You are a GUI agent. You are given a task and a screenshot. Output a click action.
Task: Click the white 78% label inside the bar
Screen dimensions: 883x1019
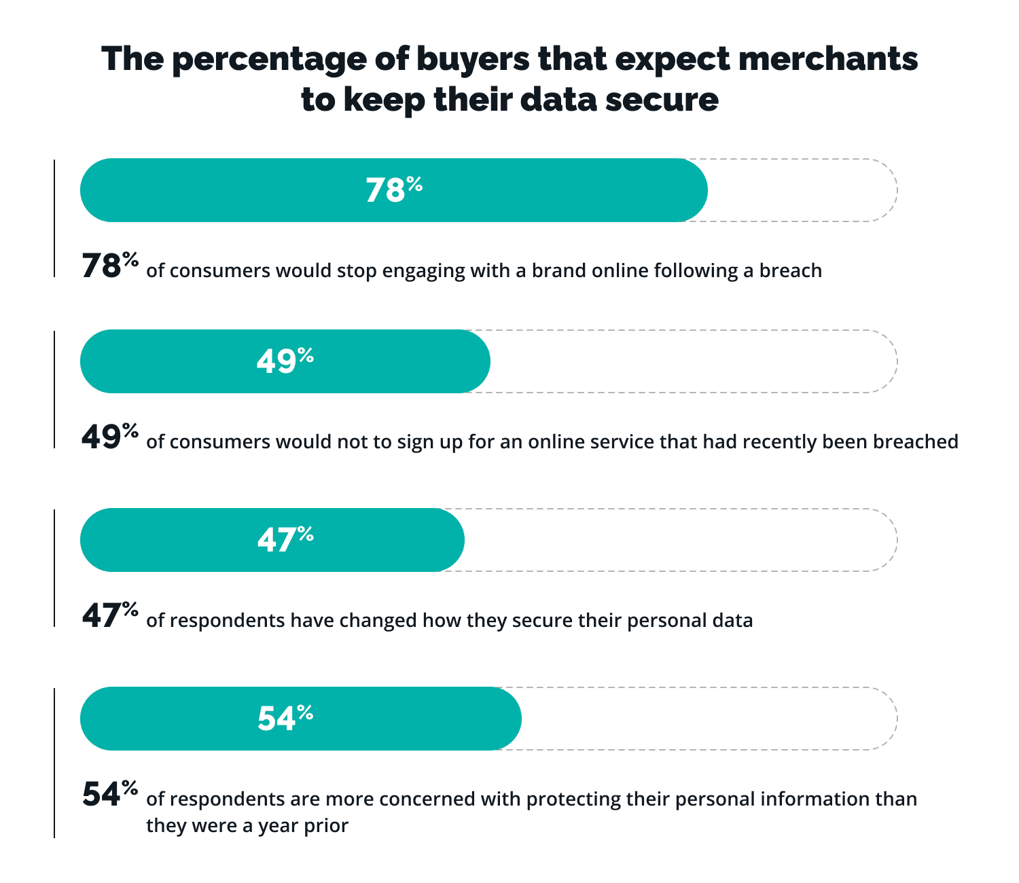(394, 190)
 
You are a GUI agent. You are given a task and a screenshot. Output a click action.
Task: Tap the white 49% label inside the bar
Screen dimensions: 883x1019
(285, 361)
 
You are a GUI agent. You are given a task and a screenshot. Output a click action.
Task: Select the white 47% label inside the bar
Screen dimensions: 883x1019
(285, 539)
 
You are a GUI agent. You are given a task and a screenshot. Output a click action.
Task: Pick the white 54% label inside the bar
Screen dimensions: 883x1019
(285, 718)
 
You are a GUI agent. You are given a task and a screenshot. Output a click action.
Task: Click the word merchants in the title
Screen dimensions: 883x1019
(828, 60)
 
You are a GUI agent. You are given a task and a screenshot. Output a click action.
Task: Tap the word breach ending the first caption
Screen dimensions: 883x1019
(791, 270)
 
